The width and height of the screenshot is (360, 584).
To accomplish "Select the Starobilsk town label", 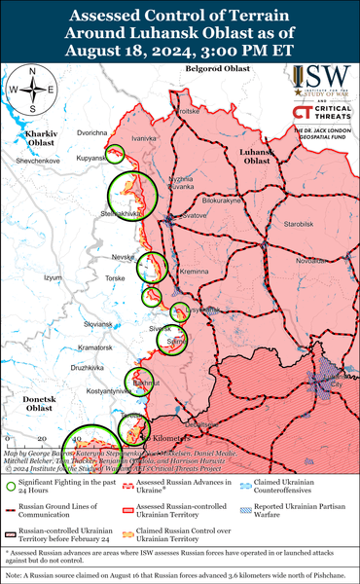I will pyautogui.click(x=291, y=224).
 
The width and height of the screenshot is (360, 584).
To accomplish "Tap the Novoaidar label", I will pyautogui.click(x=312, y=261).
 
